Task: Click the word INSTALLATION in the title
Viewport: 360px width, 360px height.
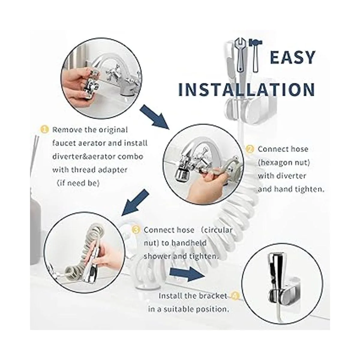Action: point(247,89)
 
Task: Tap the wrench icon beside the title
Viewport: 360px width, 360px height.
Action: point(240,55)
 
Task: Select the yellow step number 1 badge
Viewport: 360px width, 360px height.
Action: point(44,130)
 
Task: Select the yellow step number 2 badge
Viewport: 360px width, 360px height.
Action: point(250,149)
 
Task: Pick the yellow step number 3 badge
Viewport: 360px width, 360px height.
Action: point(136,230)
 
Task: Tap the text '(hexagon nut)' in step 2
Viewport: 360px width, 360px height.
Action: point(284,163)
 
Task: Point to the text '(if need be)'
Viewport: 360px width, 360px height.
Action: point(78,183)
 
